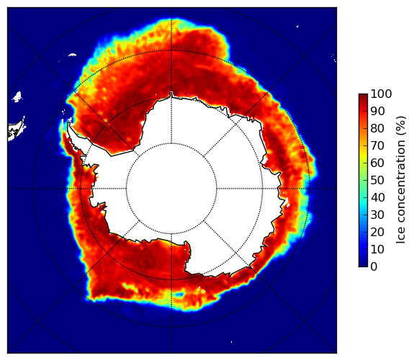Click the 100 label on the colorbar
[x=381, y=94]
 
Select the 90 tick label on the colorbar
[x=377, y=111]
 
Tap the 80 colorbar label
[x=377, y=129]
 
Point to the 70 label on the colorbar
[x=377, y=145]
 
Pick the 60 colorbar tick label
[x=377, y=163]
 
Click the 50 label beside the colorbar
[x=377, y=181]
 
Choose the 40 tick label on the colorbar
[x=377, y=197]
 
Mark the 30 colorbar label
[x=377, y=215]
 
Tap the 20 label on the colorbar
[x=377, y=232]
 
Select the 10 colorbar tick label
[x=377, y=249]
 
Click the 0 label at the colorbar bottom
[x=374, y=267]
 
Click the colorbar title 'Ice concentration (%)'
[x=401, y=180]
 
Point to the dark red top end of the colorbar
[x=363, y=96]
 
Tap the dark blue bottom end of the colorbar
[x=363, y=265]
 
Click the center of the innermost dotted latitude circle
[x=171, y=189]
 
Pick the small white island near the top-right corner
[x=297, y=26]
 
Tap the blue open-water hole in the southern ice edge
[x=179, y=294]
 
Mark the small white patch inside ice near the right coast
[x=287, y=205]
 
